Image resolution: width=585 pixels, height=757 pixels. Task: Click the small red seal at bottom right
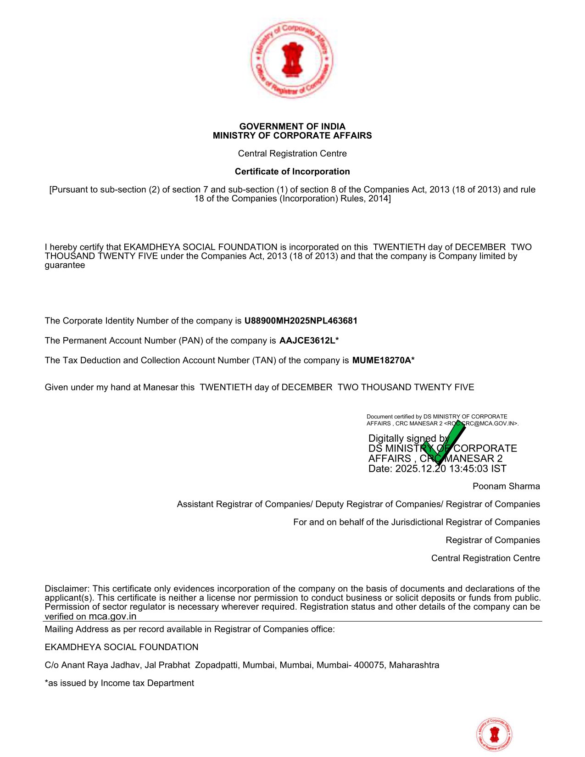point(494,735)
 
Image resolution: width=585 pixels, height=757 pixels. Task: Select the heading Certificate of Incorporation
point(292,172)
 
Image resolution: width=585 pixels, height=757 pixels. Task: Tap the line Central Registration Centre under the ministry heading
point(292,154)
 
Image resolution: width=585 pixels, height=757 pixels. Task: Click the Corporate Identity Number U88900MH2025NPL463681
point(301,321)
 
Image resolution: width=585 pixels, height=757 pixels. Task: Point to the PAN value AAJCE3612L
point(307,340)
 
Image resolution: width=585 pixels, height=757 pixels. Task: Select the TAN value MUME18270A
point(381,360)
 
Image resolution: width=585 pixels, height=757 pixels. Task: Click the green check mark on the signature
point(442,443)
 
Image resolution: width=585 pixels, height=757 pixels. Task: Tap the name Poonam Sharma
point(506,486)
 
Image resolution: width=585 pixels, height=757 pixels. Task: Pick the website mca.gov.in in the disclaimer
point(112,617)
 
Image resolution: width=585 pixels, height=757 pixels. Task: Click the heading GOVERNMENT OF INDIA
point(292,126)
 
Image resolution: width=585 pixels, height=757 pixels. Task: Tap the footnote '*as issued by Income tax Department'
point(119,683)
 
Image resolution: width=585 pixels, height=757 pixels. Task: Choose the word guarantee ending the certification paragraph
point(65,265)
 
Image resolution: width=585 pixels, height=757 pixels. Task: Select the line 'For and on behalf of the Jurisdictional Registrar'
point(416,522)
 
